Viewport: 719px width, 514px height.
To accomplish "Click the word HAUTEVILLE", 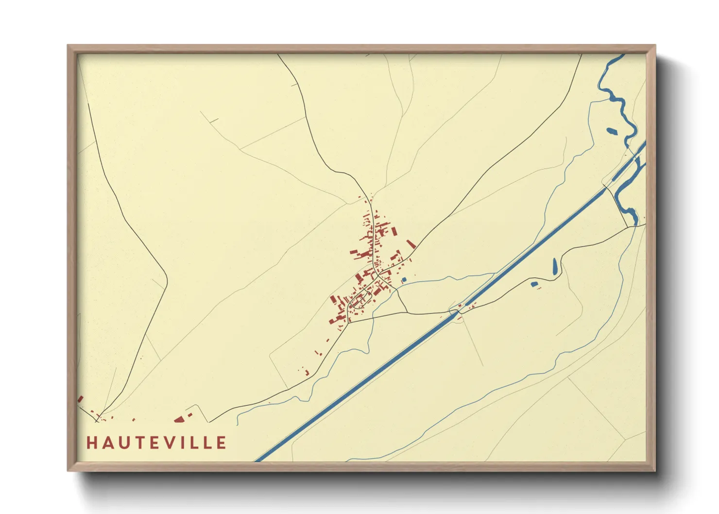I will click(156, 443).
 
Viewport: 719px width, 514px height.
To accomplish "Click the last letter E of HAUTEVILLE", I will click(222, 443).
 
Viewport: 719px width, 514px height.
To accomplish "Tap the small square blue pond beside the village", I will click(403, 279).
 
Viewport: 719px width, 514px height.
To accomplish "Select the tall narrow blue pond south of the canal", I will click(555, 265).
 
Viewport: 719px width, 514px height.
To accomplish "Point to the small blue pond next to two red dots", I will click(534, 284).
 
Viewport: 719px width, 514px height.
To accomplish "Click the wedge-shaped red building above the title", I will click(179, 419).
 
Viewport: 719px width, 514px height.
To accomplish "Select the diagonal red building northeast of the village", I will click(411, 244).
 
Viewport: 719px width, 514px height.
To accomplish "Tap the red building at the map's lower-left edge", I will click(80, 399).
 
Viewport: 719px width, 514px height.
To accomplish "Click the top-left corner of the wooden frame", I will click(68, 46).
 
